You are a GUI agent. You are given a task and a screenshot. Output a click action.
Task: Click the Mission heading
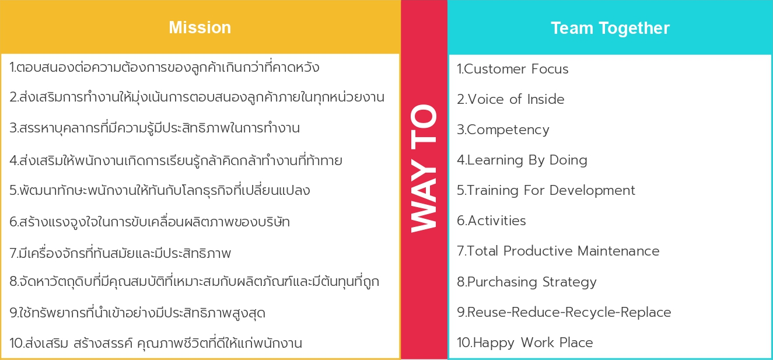point(200,27)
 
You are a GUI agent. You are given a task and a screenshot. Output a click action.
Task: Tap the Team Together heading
point(610,29)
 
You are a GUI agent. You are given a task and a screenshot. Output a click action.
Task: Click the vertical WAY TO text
point(424,169)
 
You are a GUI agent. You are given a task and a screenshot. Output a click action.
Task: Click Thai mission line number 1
point(165,67)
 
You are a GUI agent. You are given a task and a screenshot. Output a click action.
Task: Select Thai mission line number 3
point(155,128)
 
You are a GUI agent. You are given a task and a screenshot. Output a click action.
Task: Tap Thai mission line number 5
point(160,190)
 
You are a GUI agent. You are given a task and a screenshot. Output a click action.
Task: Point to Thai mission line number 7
point(120,253)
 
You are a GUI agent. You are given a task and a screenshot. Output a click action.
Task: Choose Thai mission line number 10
point(156,343)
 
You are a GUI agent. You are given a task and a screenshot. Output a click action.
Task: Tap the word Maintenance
point(618,251)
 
